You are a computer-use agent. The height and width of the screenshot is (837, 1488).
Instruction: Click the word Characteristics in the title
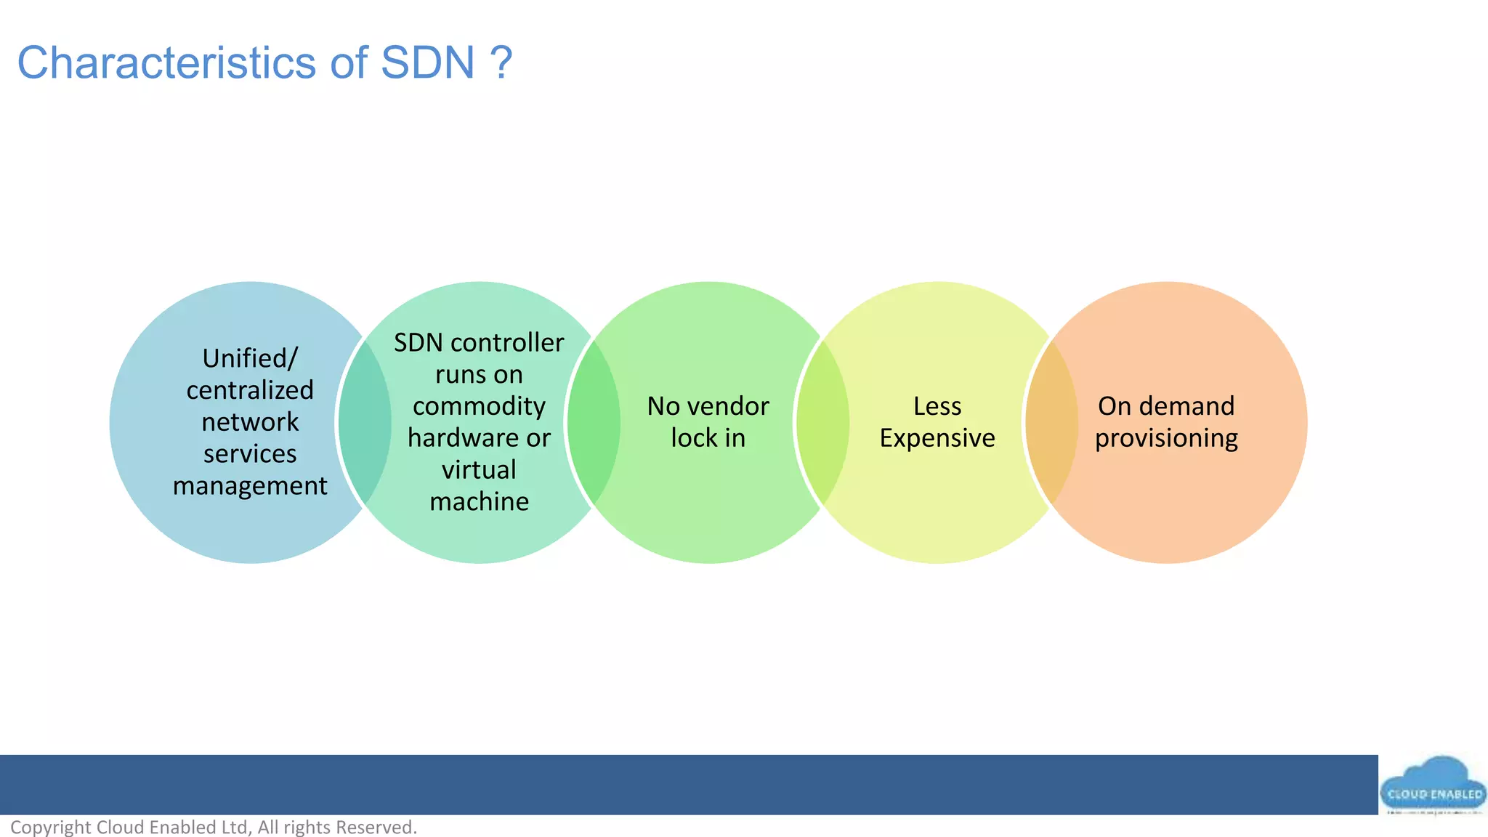coord(167,63)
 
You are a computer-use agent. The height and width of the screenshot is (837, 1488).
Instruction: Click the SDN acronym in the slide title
coord(427,63)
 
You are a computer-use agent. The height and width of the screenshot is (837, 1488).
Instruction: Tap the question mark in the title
coord(501,63)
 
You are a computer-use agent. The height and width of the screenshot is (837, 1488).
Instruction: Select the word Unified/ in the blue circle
coord(250,358)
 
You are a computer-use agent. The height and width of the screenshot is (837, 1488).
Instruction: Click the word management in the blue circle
coord(250,485)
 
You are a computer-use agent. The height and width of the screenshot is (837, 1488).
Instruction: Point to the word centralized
coord(250,390)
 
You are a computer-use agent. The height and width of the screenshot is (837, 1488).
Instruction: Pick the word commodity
coord(479,406)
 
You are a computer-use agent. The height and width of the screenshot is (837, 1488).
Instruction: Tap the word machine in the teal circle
coord(479,501)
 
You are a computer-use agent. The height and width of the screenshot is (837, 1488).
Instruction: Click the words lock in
coord(708,438)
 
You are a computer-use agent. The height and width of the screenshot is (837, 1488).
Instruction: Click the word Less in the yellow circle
coord(937,406)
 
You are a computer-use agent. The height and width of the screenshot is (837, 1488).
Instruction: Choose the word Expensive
coord(937,438)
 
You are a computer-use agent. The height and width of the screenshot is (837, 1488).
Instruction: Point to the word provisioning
coord(1166,438)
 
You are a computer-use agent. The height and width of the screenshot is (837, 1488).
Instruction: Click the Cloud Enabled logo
coord(1433,788)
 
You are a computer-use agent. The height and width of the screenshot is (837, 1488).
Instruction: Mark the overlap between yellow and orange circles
coord(1051,422)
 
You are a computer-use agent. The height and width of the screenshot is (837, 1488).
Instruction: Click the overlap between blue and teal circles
coord(365,422)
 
